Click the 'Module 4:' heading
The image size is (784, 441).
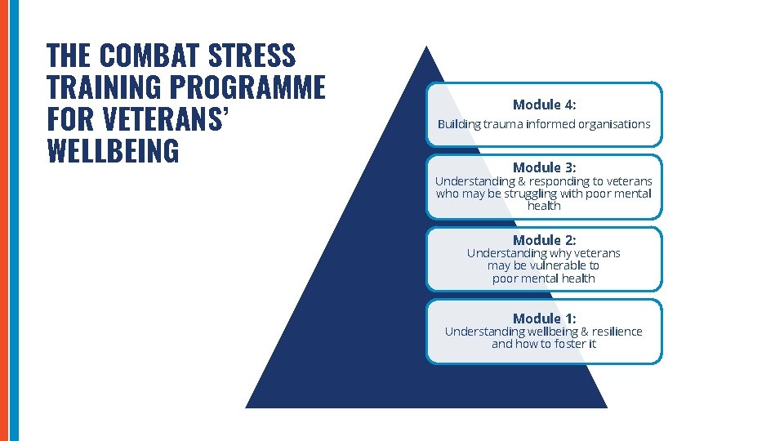[x=544, y=105]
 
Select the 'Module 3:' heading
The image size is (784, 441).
[x=544, y=167]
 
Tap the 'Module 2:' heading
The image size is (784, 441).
[x=544, y=240]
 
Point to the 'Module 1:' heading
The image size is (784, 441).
[x=544, y=318]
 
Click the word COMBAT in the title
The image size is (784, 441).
[x=151, y=56]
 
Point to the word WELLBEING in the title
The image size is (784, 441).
[x=113, y=150]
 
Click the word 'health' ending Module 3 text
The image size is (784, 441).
[x=544, y=206]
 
